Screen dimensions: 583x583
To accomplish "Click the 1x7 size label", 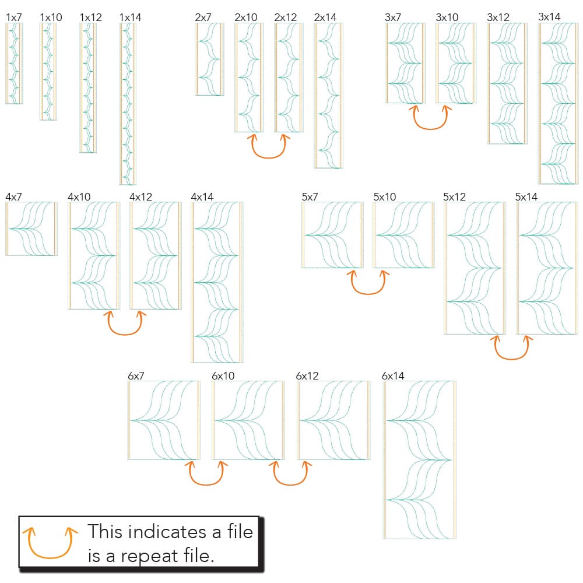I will coord(14,17).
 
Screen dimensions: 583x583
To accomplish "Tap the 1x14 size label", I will coord(130,17).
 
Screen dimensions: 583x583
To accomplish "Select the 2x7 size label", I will coord(203,17).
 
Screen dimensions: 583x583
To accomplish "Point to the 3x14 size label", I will coord(550,17).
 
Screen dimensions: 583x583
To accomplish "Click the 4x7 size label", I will coord(14,197).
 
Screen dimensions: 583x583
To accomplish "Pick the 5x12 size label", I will coord(455,197).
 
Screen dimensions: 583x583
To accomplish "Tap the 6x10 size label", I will coord(223,377).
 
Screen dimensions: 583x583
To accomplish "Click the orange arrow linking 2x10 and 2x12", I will coord(268,149).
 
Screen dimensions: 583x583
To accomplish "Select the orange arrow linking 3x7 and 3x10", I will coord(430,120).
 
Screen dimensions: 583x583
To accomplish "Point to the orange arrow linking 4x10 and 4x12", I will coord(125,326).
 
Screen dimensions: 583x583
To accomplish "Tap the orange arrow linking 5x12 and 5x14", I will coord(512,350).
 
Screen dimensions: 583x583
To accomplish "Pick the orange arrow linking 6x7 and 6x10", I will coord(206,475).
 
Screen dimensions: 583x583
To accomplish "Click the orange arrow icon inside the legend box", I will coord(50,542).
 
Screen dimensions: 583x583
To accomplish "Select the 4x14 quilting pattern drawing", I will coord(217,283).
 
